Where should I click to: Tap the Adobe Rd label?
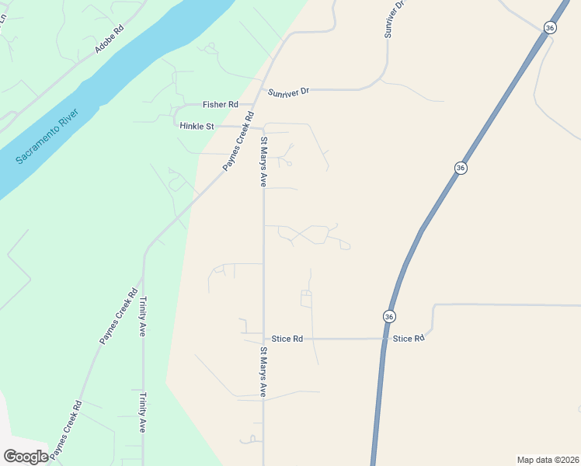109,40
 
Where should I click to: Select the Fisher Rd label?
220,104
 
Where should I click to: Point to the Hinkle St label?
196,126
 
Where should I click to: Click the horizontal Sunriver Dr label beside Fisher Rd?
289,92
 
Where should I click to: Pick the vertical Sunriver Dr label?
395,19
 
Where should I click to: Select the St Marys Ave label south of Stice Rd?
263,373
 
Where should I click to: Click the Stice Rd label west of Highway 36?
287,339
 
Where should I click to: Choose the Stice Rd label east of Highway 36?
409,339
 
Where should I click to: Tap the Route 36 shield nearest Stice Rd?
389,316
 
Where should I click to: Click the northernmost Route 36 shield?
550,27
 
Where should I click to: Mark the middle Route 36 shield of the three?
461,168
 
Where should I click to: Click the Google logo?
26,457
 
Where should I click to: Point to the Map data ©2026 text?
548,460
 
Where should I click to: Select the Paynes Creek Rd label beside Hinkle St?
238,142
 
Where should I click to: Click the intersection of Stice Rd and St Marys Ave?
263,339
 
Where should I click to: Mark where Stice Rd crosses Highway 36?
384,339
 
